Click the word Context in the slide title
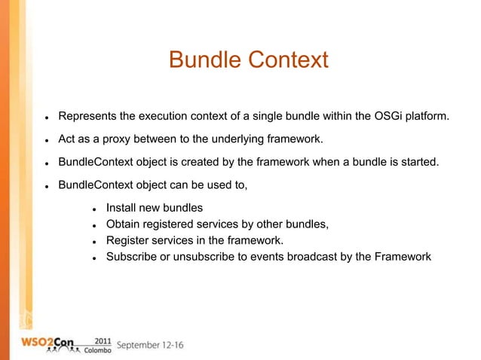point(285,59)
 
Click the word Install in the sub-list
point(122,207)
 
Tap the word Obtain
point(125,224)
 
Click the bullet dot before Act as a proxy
point(46,139)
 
